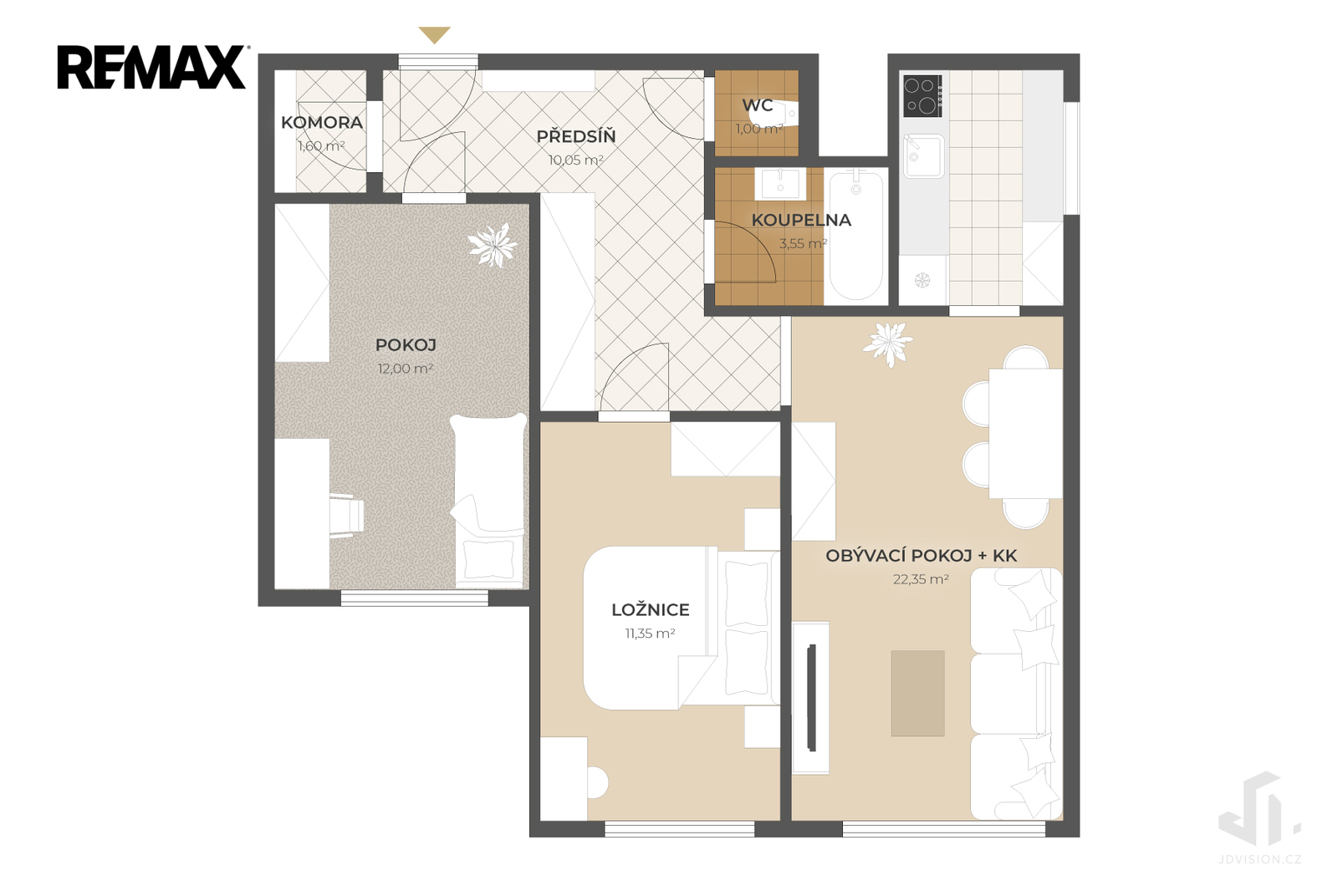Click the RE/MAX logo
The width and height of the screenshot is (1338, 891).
point(152,67)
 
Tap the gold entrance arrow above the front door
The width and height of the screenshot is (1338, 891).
point(434,34)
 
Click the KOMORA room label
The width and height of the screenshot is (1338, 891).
point(322,122)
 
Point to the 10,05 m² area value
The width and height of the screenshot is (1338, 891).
point(576,160)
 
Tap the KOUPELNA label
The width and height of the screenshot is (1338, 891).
point(801,220)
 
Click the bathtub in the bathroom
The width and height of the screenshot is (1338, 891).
point(856,237)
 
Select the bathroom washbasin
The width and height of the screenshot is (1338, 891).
point(780,183)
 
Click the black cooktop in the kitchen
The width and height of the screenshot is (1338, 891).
point(922,95)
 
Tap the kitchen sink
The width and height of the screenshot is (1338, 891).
point(923,155)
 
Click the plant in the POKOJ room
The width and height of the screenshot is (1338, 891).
point(493,245)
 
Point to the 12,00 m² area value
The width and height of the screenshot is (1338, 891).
point(405,369)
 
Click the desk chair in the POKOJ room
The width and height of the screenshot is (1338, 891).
point(346,516)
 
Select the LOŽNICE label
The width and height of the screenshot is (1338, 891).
point(651,609)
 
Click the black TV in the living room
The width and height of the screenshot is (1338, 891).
point(811,697)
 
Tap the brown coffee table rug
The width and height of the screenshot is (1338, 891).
point(917,693)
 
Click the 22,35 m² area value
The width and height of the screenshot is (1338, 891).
point(921,579)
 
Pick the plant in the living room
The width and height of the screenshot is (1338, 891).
point(887,344)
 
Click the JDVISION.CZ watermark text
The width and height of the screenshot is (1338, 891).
point(1259,859)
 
